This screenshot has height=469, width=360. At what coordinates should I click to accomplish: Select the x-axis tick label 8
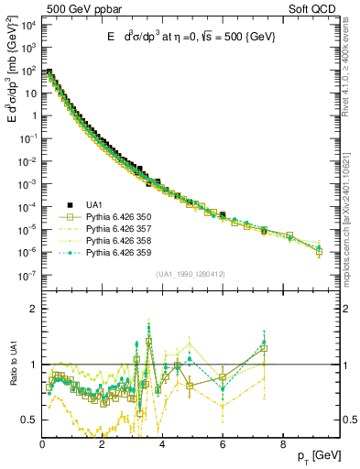click(x=282, y=443)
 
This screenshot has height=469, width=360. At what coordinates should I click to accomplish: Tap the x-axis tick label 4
click(x=162, y=443)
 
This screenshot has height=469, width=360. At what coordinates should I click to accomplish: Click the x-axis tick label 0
click(x=42, y=443)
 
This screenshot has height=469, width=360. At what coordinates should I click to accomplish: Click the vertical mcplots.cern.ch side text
click(x=350, y=220)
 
